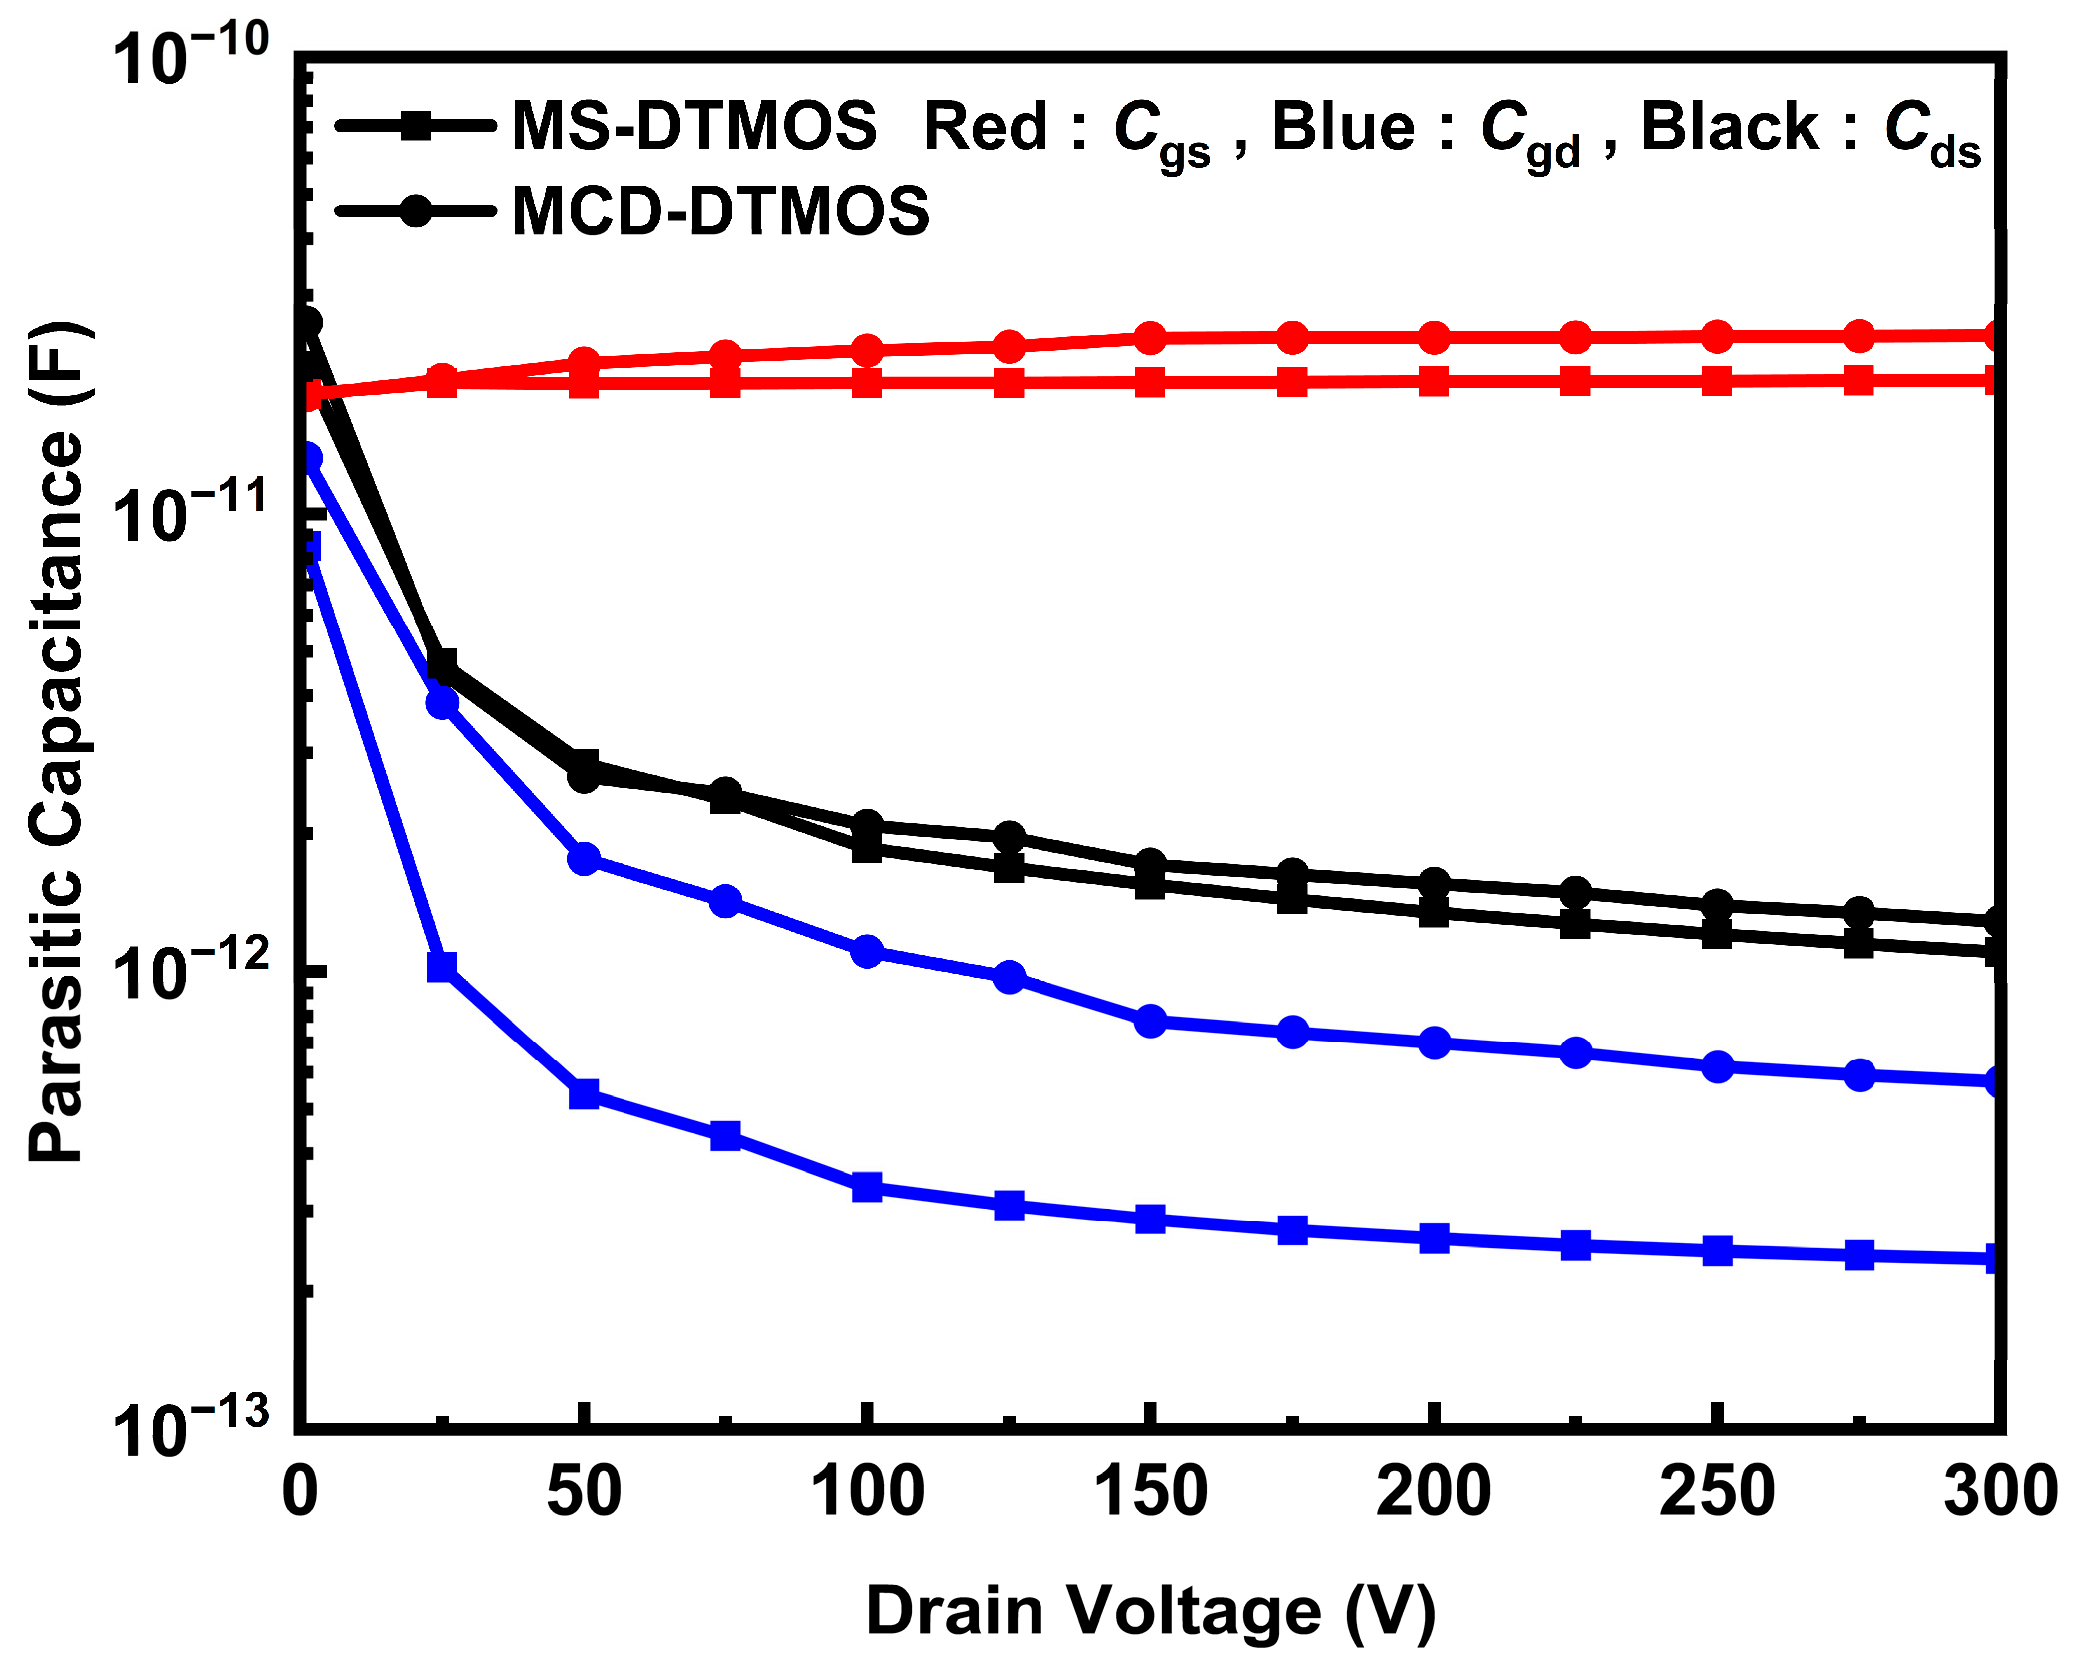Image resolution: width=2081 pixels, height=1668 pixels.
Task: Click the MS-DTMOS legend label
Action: coord(693,127)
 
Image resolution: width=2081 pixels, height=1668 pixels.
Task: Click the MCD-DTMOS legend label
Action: coord(719,211)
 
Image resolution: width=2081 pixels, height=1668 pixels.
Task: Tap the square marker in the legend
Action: coord(416,126)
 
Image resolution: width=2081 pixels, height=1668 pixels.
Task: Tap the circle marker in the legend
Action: coord(416,210)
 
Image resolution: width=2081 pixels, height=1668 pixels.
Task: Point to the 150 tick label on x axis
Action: coord(1150,1493)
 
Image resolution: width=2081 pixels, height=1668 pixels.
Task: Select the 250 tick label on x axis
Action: coord(1716,1493)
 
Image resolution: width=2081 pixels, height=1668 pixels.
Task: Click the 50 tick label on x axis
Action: coord(584,1493)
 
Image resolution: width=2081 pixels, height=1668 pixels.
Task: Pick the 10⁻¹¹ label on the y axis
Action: coord(190,512)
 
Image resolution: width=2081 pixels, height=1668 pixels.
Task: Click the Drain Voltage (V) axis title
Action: coord(1150,1611)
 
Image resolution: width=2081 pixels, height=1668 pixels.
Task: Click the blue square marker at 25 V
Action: coord(442,967)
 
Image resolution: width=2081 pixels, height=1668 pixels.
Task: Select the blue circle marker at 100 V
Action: coord(867,951)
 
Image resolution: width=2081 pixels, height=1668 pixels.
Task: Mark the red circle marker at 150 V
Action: coord(1150,338)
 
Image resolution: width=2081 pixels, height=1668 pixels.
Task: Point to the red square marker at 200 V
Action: coord(1434,381)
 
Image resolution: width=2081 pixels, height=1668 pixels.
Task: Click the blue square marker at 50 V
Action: coord(584,1094)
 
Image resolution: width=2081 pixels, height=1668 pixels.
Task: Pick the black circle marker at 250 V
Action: coord(1717,905)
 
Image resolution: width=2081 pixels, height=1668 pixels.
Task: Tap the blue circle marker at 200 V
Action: coord(1434,1042)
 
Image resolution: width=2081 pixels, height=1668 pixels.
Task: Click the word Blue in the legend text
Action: coord(1343,127)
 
